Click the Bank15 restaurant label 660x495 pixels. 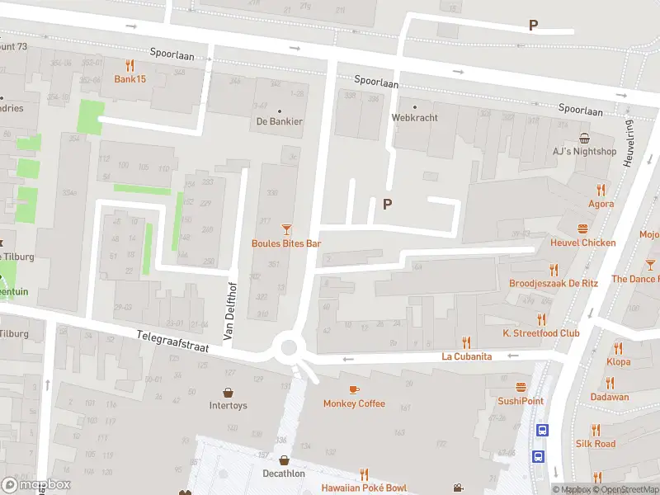(130, 79)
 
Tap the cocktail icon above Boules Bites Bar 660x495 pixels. (286, 229)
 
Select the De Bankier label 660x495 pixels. (279, 121)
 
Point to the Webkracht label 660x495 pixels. (414, 117)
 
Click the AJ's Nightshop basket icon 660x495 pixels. (585, 138)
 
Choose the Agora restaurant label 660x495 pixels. (601, 203)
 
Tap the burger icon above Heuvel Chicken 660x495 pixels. (583, 229)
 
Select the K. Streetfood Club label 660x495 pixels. (541, 333)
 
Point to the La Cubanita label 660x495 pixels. (467, 356)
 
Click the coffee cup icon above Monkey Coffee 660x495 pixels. (354, 389)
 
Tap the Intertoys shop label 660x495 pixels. (228, 405)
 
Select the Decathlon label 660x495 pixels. (284, 474)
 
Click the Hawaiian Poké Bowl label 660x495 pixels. (364, 488)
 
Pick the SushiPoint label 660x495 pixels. (521, 401)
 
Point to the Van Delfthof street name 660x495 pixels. (229, 310)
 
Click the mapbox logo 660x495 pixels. (36, 484)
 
